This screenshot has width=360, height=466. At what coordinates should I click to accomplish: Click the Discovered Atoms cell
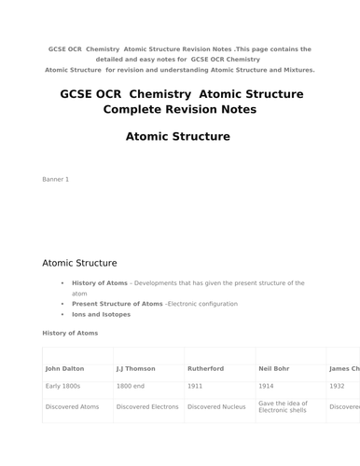74,406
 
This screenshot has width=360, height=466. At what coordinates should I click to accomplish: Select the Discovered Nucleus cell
216,406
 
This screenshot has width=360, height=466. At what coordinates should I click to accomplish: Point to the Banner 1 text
56,178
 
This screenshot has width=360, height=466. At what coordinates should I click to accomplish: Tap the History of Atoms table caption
70,333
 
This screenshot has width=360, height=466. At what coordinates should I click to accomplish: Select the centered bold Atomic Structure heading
177,136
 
